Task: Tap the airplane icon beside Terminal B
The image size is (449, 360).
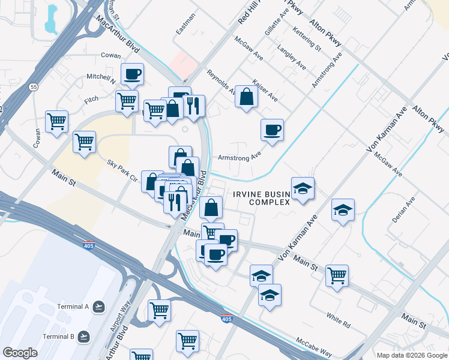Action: click(x=83, y=336)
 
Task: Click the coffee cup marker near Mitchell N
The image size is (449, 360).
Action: click(x=132, y=74)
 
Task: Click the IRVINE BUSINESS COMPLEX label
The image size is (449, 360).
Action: click(x=262, y=197)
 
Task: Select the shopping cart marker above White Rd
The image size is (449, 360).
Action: click(x=337, y=275)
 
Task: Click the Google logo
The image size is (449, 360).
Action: click(x=20, y=353)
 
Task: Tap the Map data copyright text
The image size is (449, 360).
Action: click(x=412, y=355)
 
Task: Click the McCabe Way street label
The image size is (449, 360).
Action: click(x=314, y=347)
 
